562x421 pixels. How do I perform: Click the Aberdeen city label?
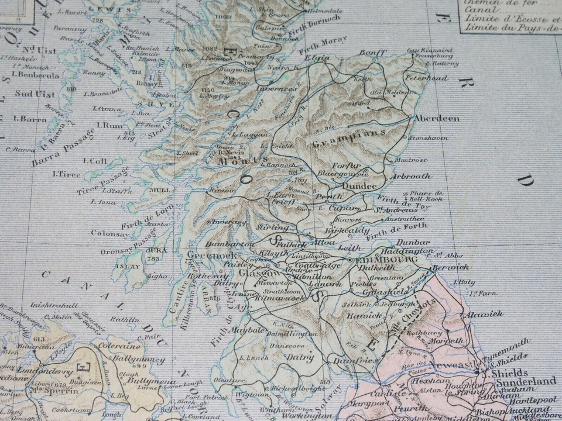(437, 118)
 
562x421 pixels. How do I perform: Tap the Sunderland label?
(524, 381)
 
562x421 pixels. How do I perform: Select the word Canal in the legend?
(477, 9)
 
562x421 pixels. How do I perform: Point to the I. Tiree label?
(66, 174)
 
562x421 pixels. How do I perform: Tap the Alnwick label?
(485, 315)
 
